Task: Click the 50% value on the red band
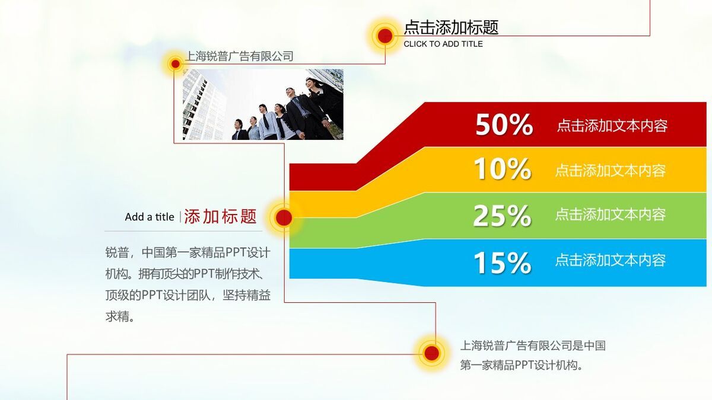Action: click(504, 125)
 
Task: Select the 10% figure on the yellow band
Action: click(502, 169)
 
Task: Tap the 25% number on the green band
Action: click(502, 216)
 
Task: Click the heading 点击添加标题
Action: click(451, 27)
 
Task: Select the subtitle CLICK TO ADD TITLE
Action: click(443, 44)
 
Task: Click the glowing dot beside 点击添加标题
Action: click(385, 36)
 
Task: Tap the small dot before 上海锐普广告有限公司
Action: click(175, 63)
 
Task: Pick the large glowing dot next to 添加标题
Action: click(284, 217)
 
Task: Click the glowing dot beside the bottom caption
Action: click(432, 353)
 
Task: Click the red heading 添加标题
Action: click(220, 216)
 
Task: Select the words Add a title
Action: click(150, 217)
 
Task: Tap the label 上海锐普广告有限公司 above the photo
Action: click(239, 56)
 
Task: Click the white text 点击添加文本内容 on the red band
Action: click(612, 126)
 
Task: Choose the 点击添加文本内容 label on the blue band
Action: click(611, 260)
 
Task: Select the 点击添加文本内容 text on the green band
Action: click(611, 215)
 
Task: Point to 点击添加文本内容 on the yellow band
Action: click(611, 171)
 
